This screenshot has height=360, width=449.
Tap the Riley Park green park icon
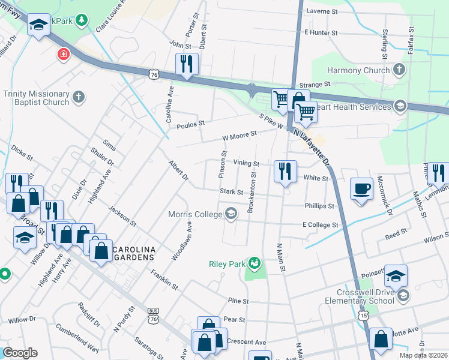point(255,263)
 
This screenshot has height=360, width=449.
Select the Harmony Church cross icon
point(399,70)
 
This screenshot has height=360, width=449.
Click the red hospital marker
point(63,55)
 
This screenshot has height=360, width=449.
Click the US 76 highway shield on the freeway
point(154,74)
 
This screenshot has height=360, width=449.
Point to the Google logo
point(20,353)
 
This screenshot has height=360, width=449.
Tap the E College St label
point(321,224)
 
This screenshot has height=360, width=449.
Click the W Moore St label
point(239,136)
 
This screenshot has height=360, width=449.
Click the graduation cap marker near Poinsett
point(395,275)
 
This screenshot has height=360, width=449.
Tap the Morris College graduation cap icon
point(231,214)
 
